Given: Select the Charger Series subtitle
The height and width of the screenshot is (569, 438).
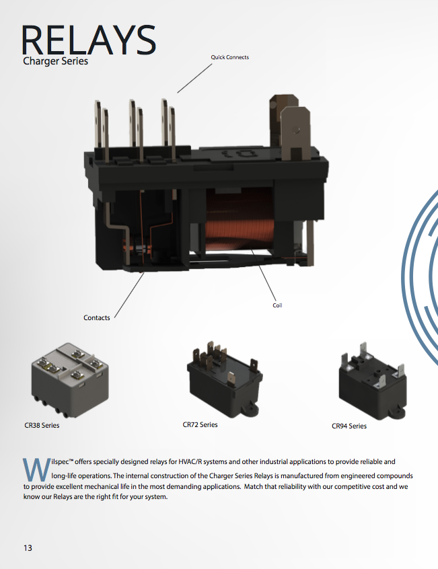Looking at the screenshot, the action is [x=54, y=62].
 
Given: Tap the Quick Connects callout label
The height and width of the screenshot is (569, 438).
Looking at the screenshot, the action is [x=229, y=57].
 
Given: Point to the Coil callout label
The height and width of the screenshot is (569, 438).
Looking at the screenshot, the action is [x=277, y=305].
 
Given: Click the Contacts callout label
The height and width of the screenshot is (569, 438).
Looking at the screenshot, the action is [x=97, y=317].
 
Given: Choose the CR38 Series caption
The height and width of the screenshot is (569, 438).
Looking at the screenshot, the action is [x=42, y=426].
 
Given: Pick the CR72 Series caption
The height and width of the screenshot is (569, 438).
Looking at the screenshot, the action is [x=200, y=425].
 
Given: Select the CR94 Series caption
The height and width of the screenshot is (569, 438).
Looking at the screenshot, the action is [x=349, y=426].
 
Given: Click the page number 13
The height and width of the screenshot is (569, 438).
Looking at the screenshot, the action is [x=28, y=548].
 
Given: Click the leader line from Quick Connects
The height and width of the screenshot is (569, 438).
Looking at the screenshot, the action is [x=196, y=77].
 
